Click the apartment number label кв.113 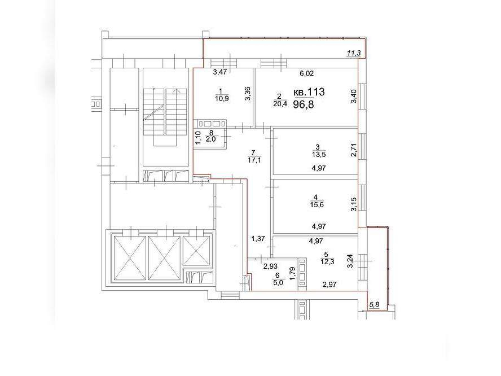tap(309, 92)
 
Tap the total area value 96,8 tap(304, 104)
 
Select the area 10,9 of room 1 tap(222, 98)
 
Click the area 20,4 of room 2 tap(280, 103)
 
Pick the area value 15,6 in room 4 tap(317, 204)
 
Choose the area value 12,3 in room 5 tap(327, 261)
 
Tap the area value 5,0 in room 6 tap(278, 283)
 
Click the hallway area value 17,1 tap(254, 160)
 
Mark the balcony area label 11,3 tap(354, 53)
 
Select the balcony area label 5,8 tap(374, 305)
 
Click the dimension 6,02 tap(307, 73)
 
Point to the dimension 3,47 tap(220, 72)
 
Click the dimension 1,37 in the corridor tap(258, 238)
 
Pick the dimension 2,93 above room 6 tap(270, 266)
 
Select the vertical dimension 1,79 tap(292, 273)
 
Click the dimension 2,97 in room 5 tap(329, 284)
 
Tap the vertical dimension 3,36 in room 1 tap(247, 94)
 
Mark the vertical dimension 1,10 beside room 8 tap(198, 138)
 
